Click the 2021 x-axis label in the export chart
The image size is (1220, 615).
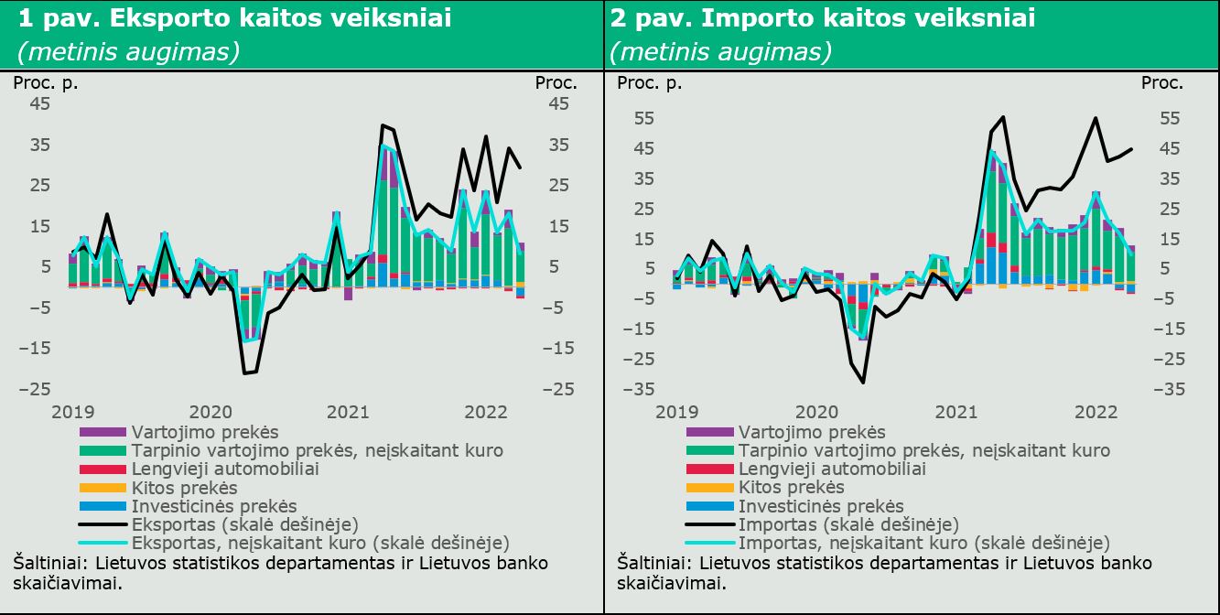pyautogui.click(x=348, y=412)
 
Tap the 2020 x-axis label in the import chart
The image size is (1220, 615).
pyautogui.click(x=816, y=412)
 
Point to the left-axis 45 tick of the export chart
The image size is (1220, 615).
pyautogui.click(x=39, y=103)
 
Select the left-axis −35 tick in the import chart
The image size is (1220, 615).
pyautogui.click(x=638, y=389)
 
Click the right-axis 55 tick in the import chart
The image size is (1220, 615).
pyautogui.click(x=1170, y=118)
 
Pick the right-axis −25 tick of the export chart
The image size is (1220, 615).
pyautogui.click(x=558, y=389)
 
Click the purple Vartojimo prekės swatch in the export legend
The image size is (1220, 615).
pyautogui.click(x=103, y=433)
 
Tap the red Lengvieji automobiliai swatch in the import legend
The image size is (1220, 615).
pyautogui.click(x=709, y=469)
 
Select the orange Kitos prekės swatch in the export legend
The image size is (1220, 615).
pyautogui.click(x=103, y=488)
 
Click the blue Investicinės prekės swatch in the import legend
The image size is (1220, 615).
pyautogui.click(x=709, y=506)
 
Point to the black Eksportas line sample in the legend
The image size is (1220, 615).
pyautogui.click(x=103, y=524)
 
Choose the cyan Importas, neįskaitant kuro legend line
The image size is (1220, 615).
pyautogui.click(x=709, y=543)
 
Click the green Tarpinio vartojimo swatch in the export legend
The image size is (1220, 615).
pyautogui.click(x=103, y=451)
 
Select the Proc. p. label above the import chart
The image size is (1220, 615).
pyautogui.click(x=649, y=83)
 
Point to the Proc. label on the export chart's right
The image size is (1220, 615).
pyautogui.click(x=556, y=82)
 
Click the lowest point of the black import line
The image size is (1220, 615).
pyautogui.click(x=863, y=383)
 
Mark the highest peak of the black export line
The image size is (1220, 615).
pyautogui.click(x=383, y=125)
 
